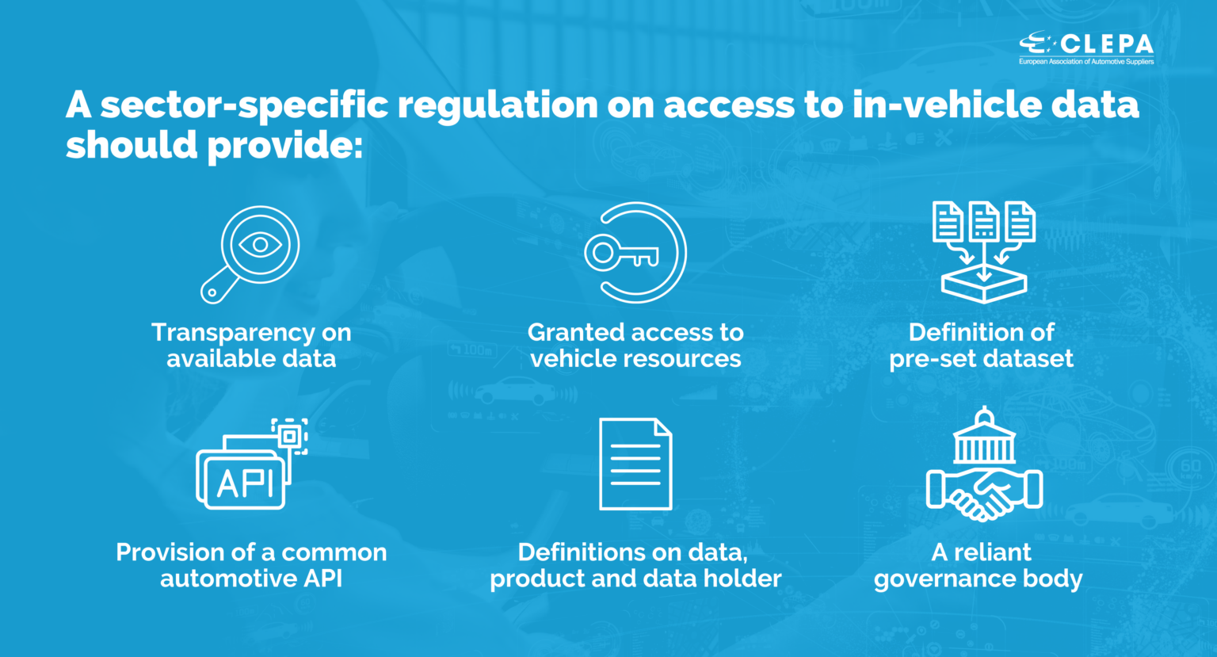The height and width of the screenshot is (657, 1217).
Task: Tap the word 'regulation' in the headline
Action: pos(498,106)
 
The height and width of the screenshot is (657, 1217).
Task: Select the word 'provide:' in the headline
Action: pos(285,147)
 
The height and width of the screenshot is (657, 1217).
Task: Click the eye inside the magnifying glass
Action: pos(260,245)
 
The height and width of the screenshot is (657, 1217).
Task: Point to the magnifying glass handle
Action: pos(219,286)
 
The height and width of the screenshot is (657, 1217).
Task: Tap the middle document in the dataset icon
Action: pos(984,220)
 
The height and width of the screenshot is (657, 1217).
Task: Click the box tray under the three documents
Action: pos(984,284)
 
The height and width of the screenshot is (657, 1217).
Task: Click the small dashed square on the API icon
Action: pos(289,437)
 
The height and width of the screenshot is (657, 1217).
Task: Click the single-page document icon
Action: pos(635,464)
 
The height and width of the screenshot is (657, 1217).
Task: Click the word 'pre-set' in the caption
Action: pos(931,359)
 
